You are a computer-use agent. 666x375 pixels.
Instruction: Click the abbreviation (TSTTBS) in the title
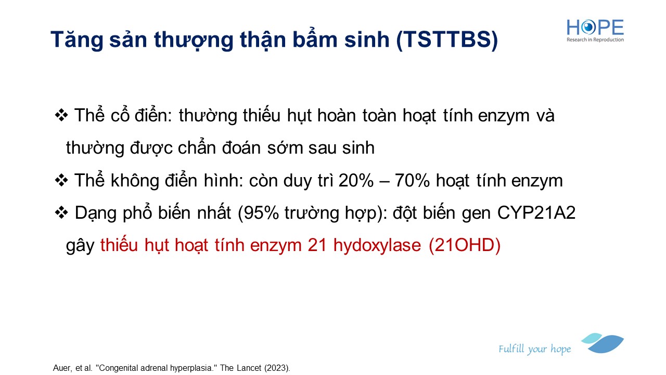point(447,40)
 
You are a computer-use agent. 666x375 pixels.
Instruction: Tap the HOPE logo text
point(595,28)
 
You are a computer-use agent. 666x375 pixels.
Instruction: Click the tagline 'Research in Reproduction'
point(595,40)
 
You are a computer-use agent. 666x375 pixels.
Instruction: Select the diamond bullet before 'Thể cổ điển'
point(61,115)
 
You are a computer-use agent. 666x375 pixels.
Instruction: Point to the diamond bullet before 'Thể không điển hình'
point(61,180)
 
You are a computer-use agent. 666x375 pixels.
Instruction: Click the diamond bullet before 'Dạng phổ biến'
point(61,213)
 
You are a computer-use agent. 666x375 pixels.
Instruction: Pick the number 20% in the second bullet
point(356,180)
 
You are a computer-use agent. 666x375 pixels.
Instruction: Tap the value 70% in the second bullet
point(412,180)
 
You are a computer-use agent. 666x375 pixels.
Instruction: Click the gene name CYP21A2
point(536,213)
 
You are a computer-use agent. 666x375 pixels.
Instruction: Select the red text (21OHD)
point(465,245)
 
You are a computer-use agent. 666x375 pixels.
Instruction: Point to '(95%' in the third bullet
point(259,213)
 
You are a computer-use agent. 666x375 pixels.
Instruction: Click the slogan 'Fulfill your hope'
point(534,349)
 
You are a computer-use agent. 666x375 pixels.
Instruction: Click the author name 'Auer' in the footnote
point(62,368)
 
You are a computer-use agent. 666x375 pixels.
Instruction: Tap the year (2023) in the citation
point(277,368)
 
